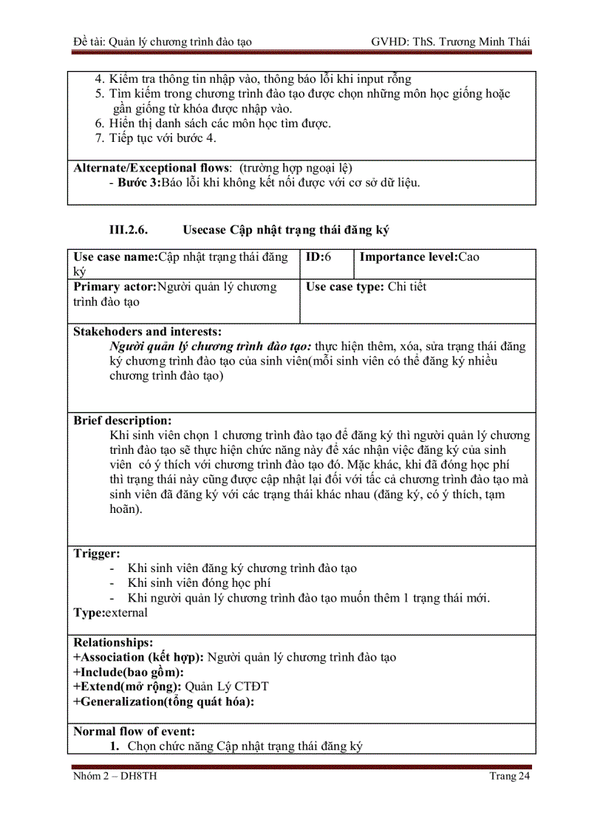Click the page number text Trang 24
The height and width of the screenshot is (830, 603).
pyautogui.click(x=509, y=775)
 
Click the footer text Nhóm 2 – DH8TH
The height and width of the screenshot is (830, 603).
pyautogui.click(x=115, y=775)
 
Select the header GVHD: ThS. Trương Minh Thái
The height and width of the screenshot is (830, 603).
pyautogui.click(x=450, y=41)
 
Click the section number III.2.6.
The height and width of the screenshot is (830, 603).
pyautogui.click(x=129, y=230)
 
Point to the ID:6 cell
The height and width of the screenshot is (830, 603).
pyautogui.click(x=318, y=257)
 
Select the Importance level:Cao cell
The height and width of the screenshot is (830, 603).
pyautogui.click(x=419, y=257)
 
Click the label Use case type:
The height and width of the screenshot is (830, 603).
pyautogui.click(x=344, y=287)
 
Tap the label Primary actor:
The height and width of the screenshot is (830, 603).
pyautogui.click(x=115, y=287)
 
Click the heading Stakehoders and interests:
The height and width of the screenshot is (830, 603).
pyautogui.click(x=147, y=332)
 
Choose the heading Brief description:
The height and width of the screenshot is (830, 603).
pyautogui.click(x=122, y=421)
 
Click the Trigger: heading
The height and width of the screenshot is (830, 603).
pyautogui.click(x=96, y=553)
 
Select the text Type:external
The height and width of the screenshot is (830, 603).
pyautogui.click(x=110, y=612)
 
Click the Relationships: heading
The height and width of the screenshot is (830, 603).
pyautogui.click(x=113, y=642)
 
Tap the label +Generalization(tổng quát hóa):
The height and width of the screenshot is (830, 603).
pyautogui.click(x=163, y=701)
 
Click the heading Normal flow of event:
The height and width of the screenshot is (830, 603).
pyautogui.click(x=134, y=731)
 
